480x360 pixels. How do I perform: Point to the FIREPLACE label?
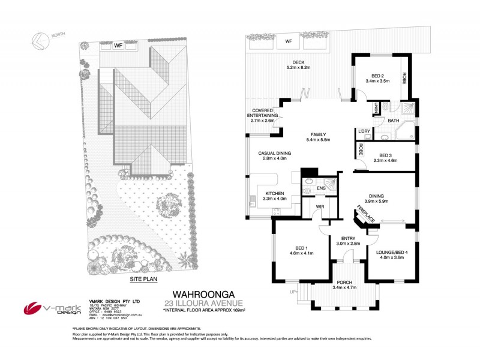click(367, 214)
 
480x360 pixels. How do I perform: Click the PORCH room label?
click(344, 282)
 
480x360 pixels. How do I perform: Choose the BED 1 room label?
click(301, 248)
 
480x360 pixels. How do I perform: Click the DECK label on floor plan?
click(298, 62)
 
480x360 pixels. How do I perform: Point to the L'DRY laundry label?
click(363, 131)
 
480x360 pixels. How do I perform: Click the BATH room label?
click(393, 121)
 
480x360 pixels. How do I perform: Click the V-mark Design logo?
click(50, 307)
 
